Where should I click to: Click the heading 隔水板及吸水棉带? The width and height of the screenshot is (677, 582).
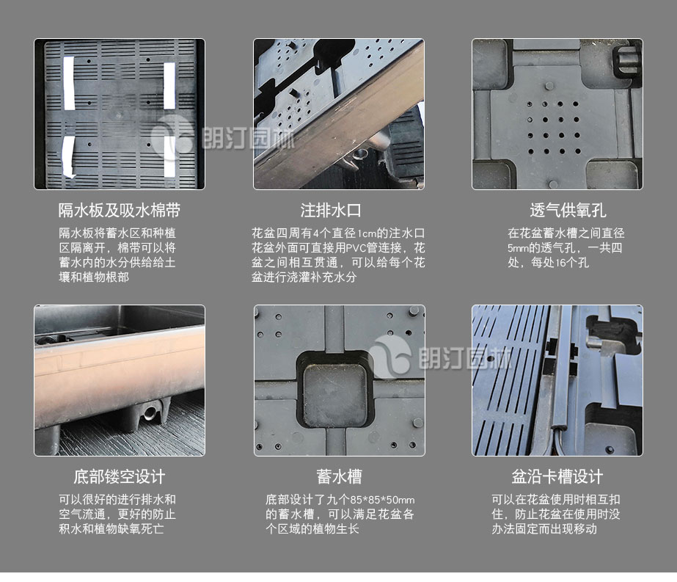point(119,211)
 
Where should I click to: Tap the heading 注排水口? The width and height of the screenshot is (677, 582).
point(331,211)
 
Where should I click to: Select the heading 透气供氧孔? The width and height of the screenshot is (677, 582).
point(568,211)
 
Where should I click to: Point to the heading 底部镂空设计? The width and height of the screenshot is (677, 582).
point(119,476)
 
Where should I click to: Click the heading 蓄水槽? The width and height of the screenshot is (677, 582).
point(339,476)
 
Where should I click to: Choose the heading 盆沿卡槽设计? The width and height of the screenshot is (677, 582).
point(557,476)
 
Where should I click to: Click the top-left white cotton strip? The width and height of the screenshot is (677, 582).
point(69,84)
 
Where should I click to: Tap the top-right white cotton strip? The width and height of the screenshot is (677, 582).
point(169,86)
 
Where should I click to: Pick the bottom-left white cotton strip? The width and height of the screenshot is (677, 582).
point(69,157)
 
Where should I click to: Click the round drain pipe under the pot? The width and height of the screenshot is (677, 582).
point(150,413)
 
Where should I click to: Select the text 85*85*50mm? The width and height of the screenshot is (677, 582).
point(382,500)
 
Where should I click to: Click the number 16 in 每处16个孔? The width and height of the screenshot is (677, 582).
point(560,263)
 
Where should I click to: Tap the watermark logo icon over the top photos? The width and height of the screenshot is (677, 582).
point(172,137)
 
